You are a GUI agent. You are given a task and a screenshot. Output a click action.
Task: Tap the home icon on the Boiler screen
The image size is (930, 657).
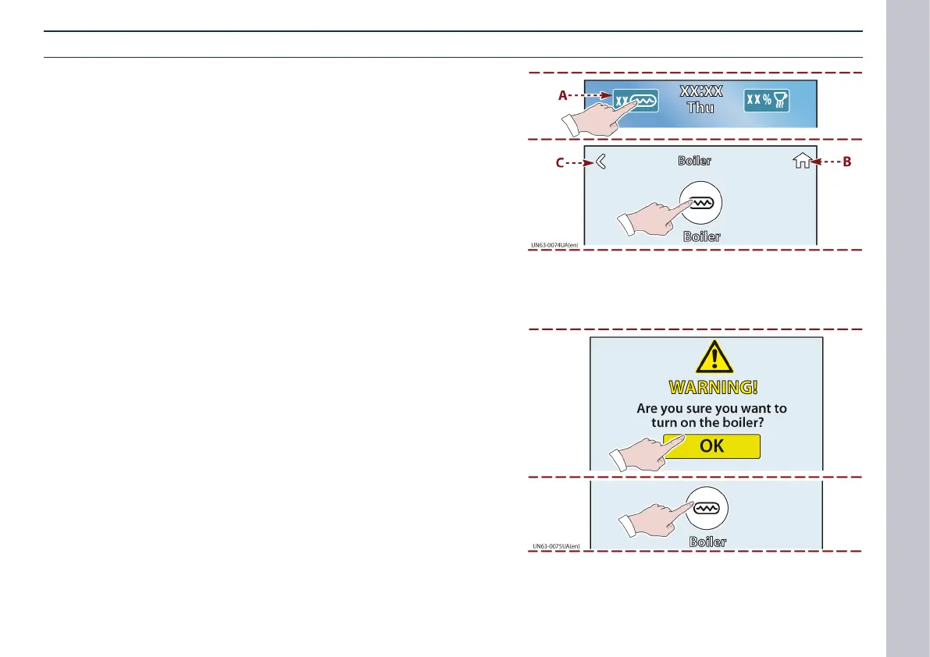[x=800, y=162]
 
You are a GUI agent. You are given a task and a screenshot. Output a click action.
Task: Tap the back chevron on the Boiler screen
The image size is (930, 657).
[x=601, y=162]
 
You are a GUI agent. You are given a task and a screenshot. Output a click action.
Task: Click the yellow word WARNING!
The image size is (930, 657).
[x=713, y=387]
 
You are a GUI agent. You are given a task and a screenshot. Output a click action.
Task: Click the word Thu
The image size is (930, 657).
[x=700, y=108]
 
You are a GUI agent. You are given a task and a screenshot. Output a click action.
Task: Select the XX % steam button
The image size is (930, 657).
[x=766, y=101]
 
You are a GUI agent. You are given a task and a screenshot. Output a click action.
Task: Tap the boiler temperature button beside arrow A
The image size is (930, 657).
[x=635, y=101]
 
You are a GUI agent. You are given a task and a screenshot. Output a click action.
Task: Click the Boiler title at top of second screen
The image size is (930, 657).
[x=694, y=162]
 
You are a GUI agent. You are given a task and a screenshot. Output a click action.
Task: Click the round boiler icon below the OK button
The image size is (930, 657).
[x=706, y=507]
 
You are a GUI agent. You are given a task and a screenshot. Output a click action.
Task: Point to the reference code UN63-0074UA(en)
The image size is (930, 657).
[x=554, y=245]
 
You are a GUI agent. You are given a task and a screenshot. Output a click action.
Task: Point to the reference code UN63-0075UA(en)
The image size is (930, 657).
[x=556, y=547]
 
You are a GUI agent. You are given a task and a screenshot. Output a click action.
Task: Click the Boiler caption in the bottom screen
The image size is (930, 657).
[x=707, y=542]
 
